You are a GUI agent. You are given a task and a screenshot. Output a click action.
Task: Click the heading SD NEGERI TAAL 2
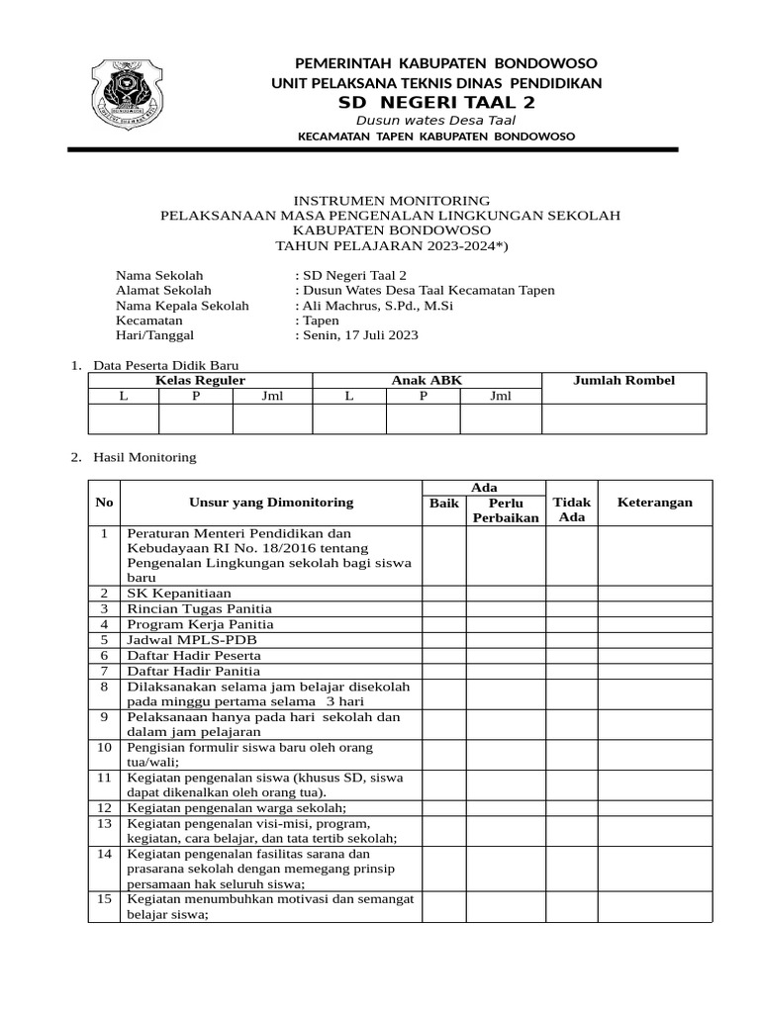point(436,104)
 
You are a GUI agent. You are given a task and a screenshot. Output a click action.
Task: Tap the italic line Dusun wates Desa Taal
point(436,121)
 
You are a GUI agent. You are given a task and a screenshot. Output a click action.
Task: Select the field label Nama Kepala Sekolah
point(182,306)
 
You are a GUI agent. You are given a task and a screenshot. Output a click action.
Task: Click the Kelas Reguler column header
point(200,381)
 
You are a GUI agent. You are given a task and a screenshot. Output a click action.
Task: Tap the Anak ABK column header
point(427,381)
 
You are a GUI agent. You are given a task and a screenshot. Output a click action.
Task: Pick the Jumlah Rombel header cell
point(623,381)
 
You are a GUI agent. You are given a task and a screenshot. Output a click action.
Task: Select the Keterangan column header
point(654,503)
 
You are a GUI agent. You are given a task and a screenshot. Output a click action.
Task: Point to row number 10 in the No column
point(104,748)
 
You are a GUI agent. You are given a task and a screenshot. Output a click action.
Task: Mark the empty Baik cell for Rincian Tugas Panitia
point(444,608)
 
